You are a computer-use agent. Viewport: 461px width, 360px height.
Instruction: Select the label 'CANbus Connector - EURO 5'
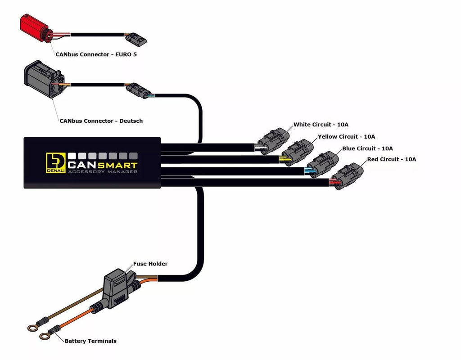(96, 54)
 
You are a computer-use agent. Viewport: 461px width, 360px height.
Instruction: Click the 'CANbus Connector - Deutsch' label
(101, 121)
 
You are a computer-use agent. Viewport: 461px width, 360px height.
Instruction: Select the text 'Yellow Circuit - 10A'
(346, 136)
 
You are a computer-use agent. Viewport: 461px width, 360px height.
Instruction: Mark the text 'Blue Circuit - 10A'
(367, 148)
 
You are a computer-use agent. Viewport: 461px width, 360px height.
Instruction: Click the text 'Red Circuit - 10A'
(391, 159)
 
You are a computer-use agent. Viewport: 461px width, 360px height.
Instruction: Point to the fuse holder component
(117, 288)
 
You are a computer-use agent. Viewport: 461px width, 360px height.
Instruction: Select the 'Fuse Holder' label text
(150, 264)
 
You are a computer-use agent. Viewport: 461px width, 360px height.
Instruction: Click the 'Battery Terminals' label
(90, 341)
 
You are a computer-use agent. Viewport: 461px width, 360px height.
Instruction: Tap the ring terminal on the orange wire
(44, 336)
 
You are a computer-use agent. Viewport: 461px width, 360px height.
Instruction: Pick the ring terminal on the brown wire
(32, 328)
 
